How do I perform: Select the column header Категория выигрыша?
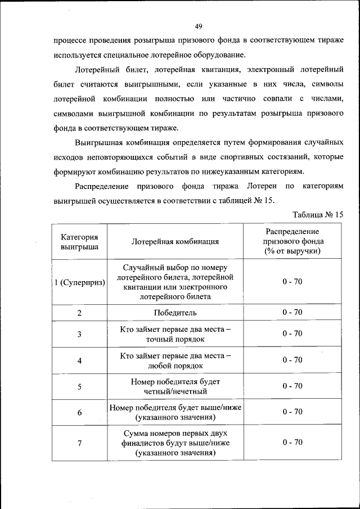(x=79, y=241)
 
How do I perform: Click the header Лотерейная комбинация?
(x=175, y=242)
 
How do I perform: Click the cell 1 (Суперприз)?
(x=79, y=282)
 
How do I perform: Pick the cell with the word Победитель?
(x=175, y=312)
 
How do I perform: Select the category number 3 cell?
(x=79, y=334)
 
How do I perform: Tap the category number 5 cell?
(x=79, y=386)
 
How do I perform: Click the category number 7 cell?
(x=79, y=443)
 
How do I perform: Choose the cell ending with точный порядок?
(x=175, y=334)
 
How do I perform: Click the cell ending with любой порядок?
(x=175, y=360)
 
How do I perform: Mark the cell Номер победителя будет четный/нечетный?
(x=175, y=386)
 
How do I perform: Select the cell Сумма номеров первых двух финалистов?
(x=175, y=443)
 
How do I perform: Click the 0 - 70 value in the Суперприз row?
(x=292, y=281)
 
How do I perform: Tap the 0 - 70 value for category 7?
(x=292, y=442)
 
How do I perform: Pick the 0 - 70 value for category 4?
(x=292, y=360)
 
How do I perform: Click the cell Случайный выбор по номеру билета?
(x=175, y=281)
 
